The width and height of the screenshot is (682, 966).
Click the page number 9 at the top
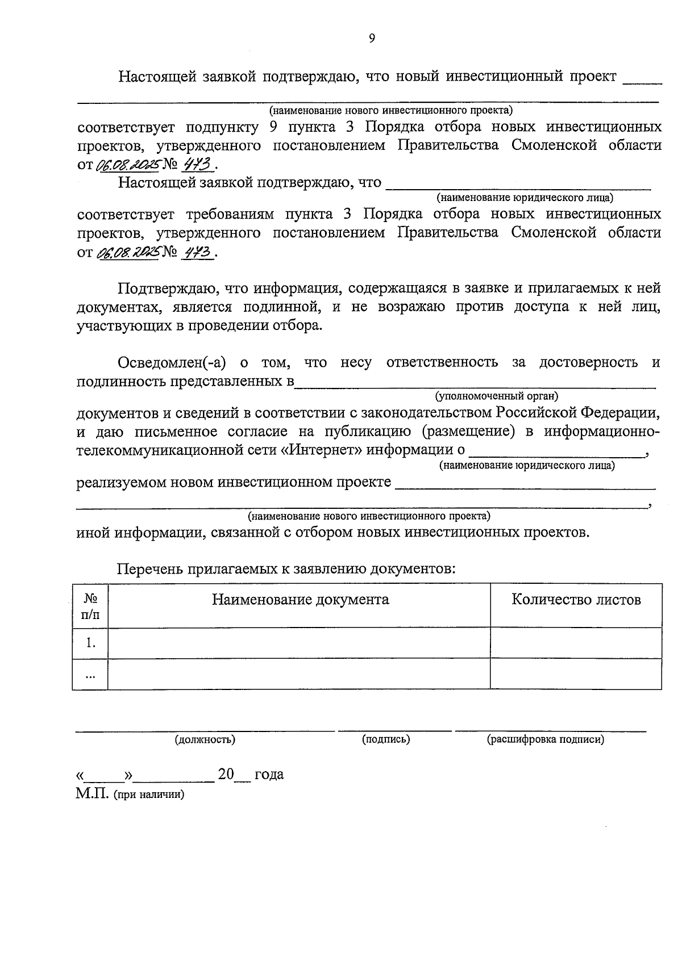(372, 38)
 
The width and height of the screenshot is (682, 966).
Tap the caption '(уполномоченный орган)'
(497, 396)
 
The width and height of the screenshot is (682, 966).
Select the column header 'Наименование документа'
(300, 600)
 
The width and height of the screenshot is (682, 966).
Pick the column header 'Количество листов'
(576, 600)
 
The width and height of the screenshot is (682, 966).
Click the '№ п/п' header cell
(90, 606)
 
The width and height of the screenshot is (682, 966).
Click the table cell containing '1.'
(90, 643)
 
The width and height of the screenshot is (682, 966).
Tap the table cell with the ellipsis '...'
(90, 675)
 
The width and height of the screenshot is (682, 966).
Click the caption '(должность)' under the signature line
(205, 739)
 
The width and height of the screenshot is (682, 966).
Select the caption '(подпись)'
(386, 739)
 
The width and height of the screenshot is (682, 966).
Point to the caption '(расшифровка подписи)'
(545, 739)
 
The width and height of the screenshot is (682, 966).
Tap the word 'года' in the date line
(269, 775)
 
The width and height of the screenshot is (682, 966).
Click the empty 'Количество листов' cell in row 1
(576, 643)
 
